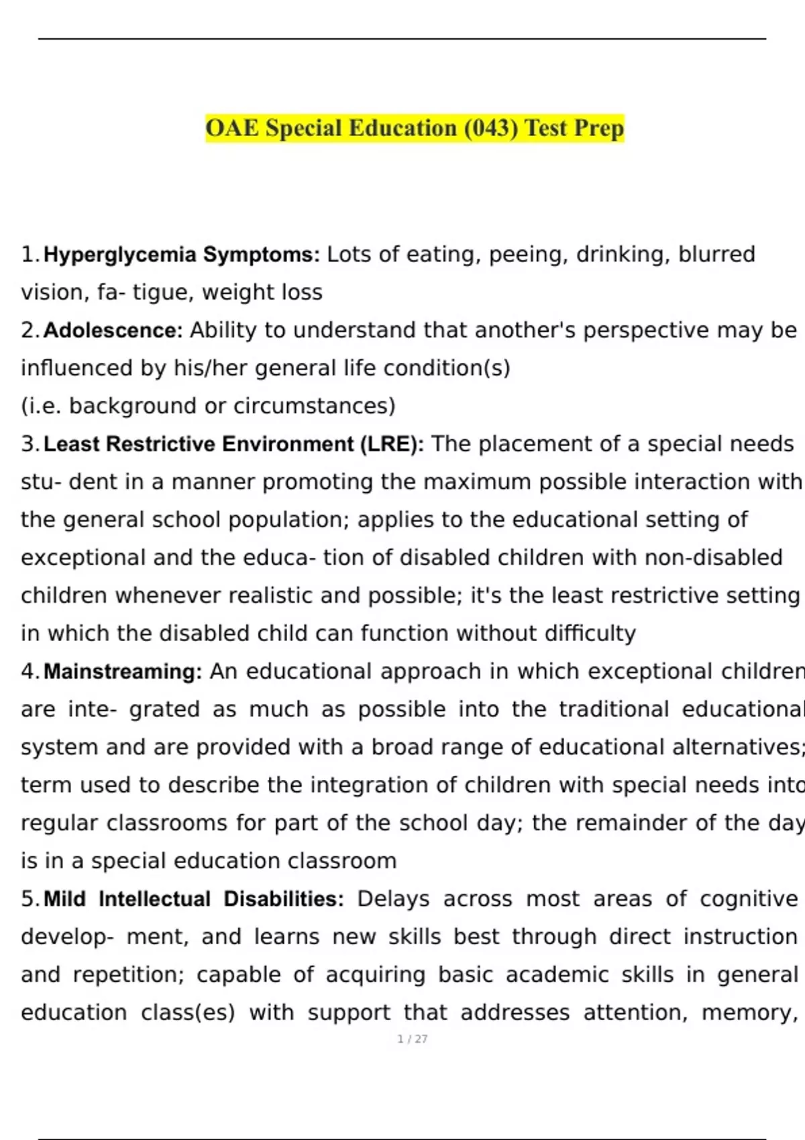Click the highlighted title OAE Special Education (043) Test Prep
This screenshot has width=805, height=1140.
click(415, 128)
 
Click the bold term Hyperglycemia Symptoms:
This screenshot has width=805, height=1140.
click(182, 255)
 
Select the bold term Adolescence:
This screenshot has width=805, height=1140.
click(113, 331)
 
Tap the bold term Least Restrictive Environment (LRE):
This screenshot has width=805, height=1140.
click(233, 444)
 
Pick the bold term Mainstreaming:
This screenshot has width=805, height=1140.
click(123, 671)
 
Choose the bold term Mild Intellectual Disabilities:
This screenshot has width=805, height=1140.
click(194, 899)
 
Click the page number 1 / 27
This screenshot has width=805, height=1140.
click(413, 1039)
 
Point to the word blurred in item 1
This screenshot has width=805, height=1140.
click(716, 255)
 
